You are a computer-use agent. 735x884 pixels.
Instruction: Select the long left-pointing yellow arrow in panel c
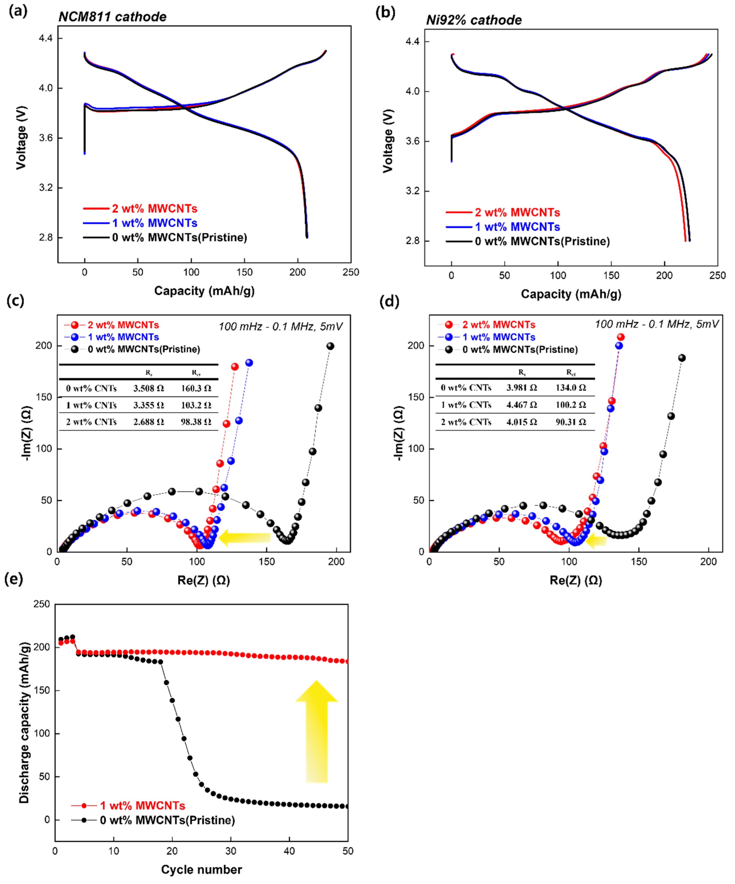[x=244, y=538]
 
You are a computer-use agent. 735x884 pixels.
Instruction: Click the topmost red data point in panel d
[x=621, y=337]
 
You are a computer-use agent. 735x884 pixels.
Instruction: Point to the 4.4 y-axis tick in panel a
[x=45, y=38]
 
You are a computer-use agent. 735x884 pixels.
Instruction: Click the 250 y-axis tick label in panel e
[x=41, y=604]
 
